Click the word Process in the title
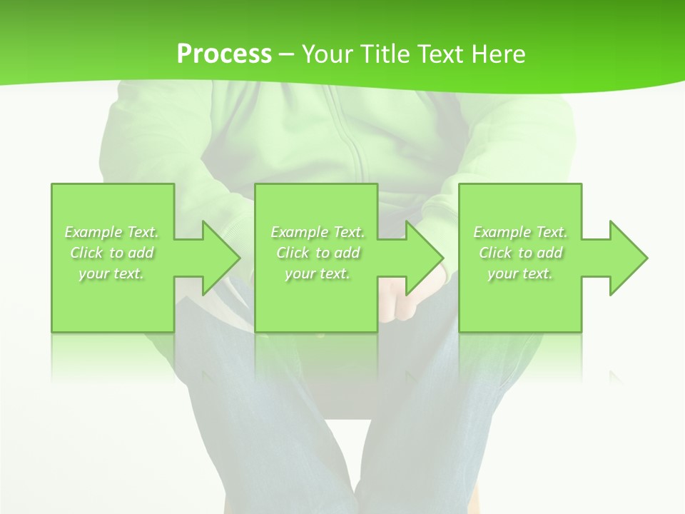(224, 54)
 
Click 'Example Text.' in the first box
(112, 232)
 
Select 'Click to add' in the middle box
(318, 253)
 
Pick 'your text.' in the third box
(520, 273)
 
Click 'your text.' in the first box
(112, 273)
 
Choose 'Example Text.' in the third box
(520, 232)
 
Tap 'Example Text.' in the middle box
(318, 232)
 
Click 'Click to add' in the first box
(112, 253)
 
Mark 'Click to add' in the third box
(520, 253)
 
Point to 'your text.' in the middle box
(318, 273)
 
